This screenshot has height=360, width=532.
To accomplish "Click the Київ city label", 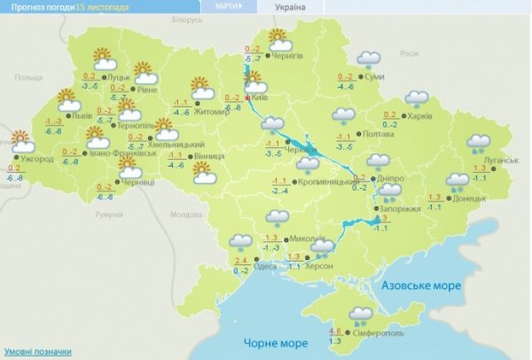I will point(259,98).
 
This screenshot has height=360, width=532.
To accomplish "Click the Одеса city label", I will point(262,266).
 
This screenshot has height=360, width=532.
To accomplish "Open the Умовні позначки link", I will point(37,352).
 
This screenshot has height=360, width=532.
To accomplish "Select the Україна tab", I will point(290,6).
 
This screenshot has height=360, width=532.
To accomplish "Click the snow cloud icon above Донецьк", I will point(458,181).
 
